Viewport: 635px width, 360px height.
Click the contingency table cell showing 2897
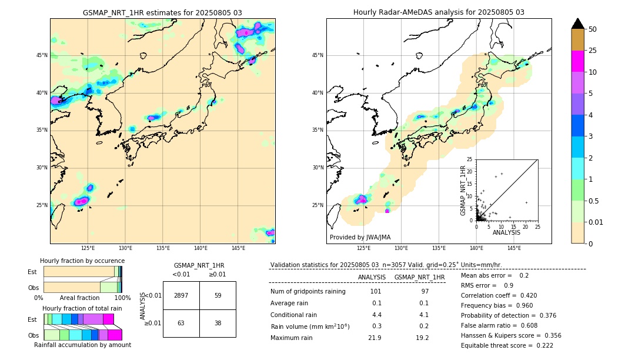181,295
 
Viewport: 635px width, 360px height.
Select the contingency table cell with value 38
218,323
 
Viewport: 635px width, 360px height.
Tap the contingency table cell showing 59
218,295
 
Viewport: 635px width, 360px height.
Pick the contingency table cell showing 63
181,323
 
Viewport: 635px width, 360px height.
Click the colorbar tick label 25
593,51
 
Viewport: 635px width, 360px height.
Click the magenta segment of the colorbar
578,61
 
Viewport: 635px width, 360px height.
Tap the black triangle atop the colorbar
578,24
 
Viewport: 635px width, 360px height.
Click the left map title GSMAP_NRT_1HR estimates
162,12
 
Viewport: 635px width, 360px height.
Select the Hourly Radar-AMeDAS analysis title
439,12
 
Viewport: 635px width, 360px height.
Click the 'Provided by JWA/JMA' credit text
360,238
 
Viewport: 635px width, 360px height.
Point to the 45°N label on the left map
42,55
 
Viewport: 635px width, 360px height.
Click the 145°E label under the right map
514,248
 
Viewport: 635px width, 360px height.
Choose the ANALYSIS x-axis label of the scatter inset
506,232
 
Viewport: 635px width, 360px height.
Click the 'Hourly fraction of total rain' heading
82,308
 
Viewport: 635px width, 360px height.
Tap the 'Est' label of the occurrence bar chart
32,272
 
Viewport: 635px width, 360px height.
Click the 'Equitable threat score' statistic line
507,345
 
